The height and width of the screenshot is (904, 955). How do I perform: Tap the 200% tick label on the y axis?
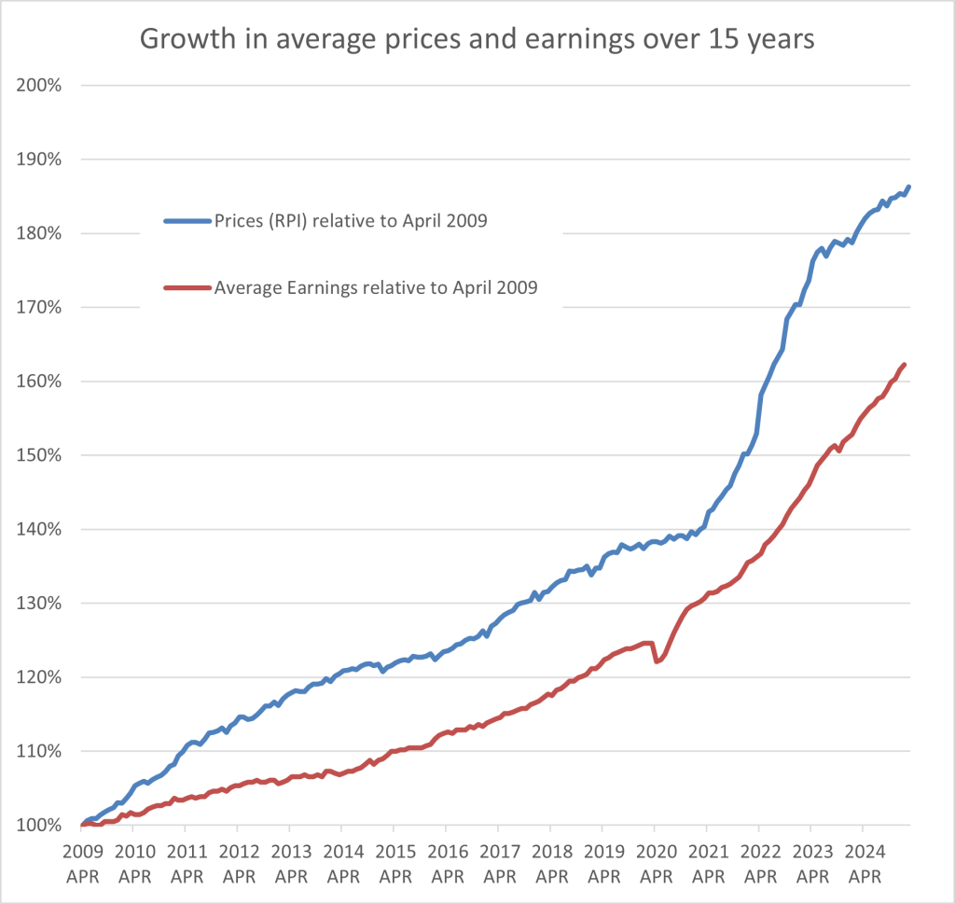coord(39,86)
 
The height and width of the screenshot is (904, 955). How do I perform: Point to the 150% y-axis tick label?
coord(39,455)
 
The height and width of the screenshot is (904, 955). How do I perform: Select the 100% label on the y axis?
coord(39,826)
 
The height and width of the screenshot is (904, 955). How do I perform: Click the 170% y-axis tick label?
coord(39,308)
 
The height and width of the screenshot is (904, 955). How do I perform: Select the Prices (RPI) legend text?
coord(350,221)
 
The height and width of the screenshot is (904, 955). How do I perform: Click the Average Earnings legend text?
coord(375,288)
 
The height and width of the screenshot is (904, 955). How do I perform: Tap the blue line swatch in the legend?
coord(187,221)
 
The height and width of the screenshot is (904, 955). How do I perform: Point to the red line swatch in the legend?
coord(187,288)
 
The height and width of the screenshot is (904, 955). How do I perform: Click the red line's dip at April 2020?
coord(657,661)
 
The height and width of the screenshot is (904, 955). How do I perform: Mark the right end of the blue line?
coord(908,187)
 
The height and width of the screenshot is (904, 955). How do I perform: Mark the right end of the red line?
coord(905,365)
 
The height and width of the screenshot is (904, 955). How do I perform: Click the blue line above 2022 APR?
coord(759,401)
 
